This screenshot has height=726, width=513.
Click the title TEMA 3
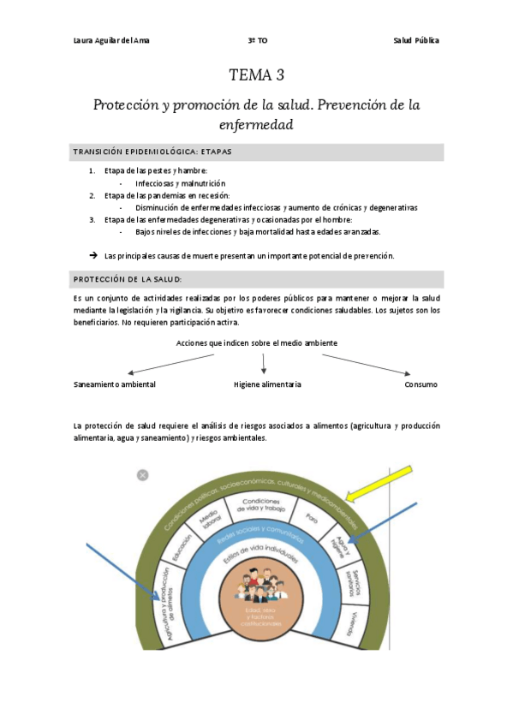point(256,74)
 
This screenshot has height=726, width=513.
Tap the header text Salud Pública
point(415,41)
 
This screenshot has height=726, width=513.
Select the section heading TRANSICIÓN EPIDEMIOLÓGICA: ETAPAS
point(152,152)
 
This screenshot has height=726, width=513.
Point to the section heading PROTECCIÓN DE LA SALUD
point(128,279)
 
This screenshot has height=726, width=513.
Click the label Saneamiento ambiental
point(115,384)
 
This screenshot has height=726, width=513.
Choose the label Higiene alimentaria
point(267,384)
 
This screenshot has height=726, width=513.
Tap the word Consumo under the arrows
point(421,384)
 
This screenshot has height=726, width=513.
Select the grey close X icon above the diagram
point(143,474)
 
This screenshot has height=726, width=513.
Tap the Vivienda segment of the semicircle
point(352,623)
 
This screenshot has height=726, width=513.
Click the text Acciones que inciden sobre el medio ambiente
point(256,342)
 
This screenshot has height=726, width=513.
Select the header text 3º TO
point(257,41)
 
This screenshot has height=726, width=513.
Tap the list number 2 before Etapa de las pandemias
point(92,195)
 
